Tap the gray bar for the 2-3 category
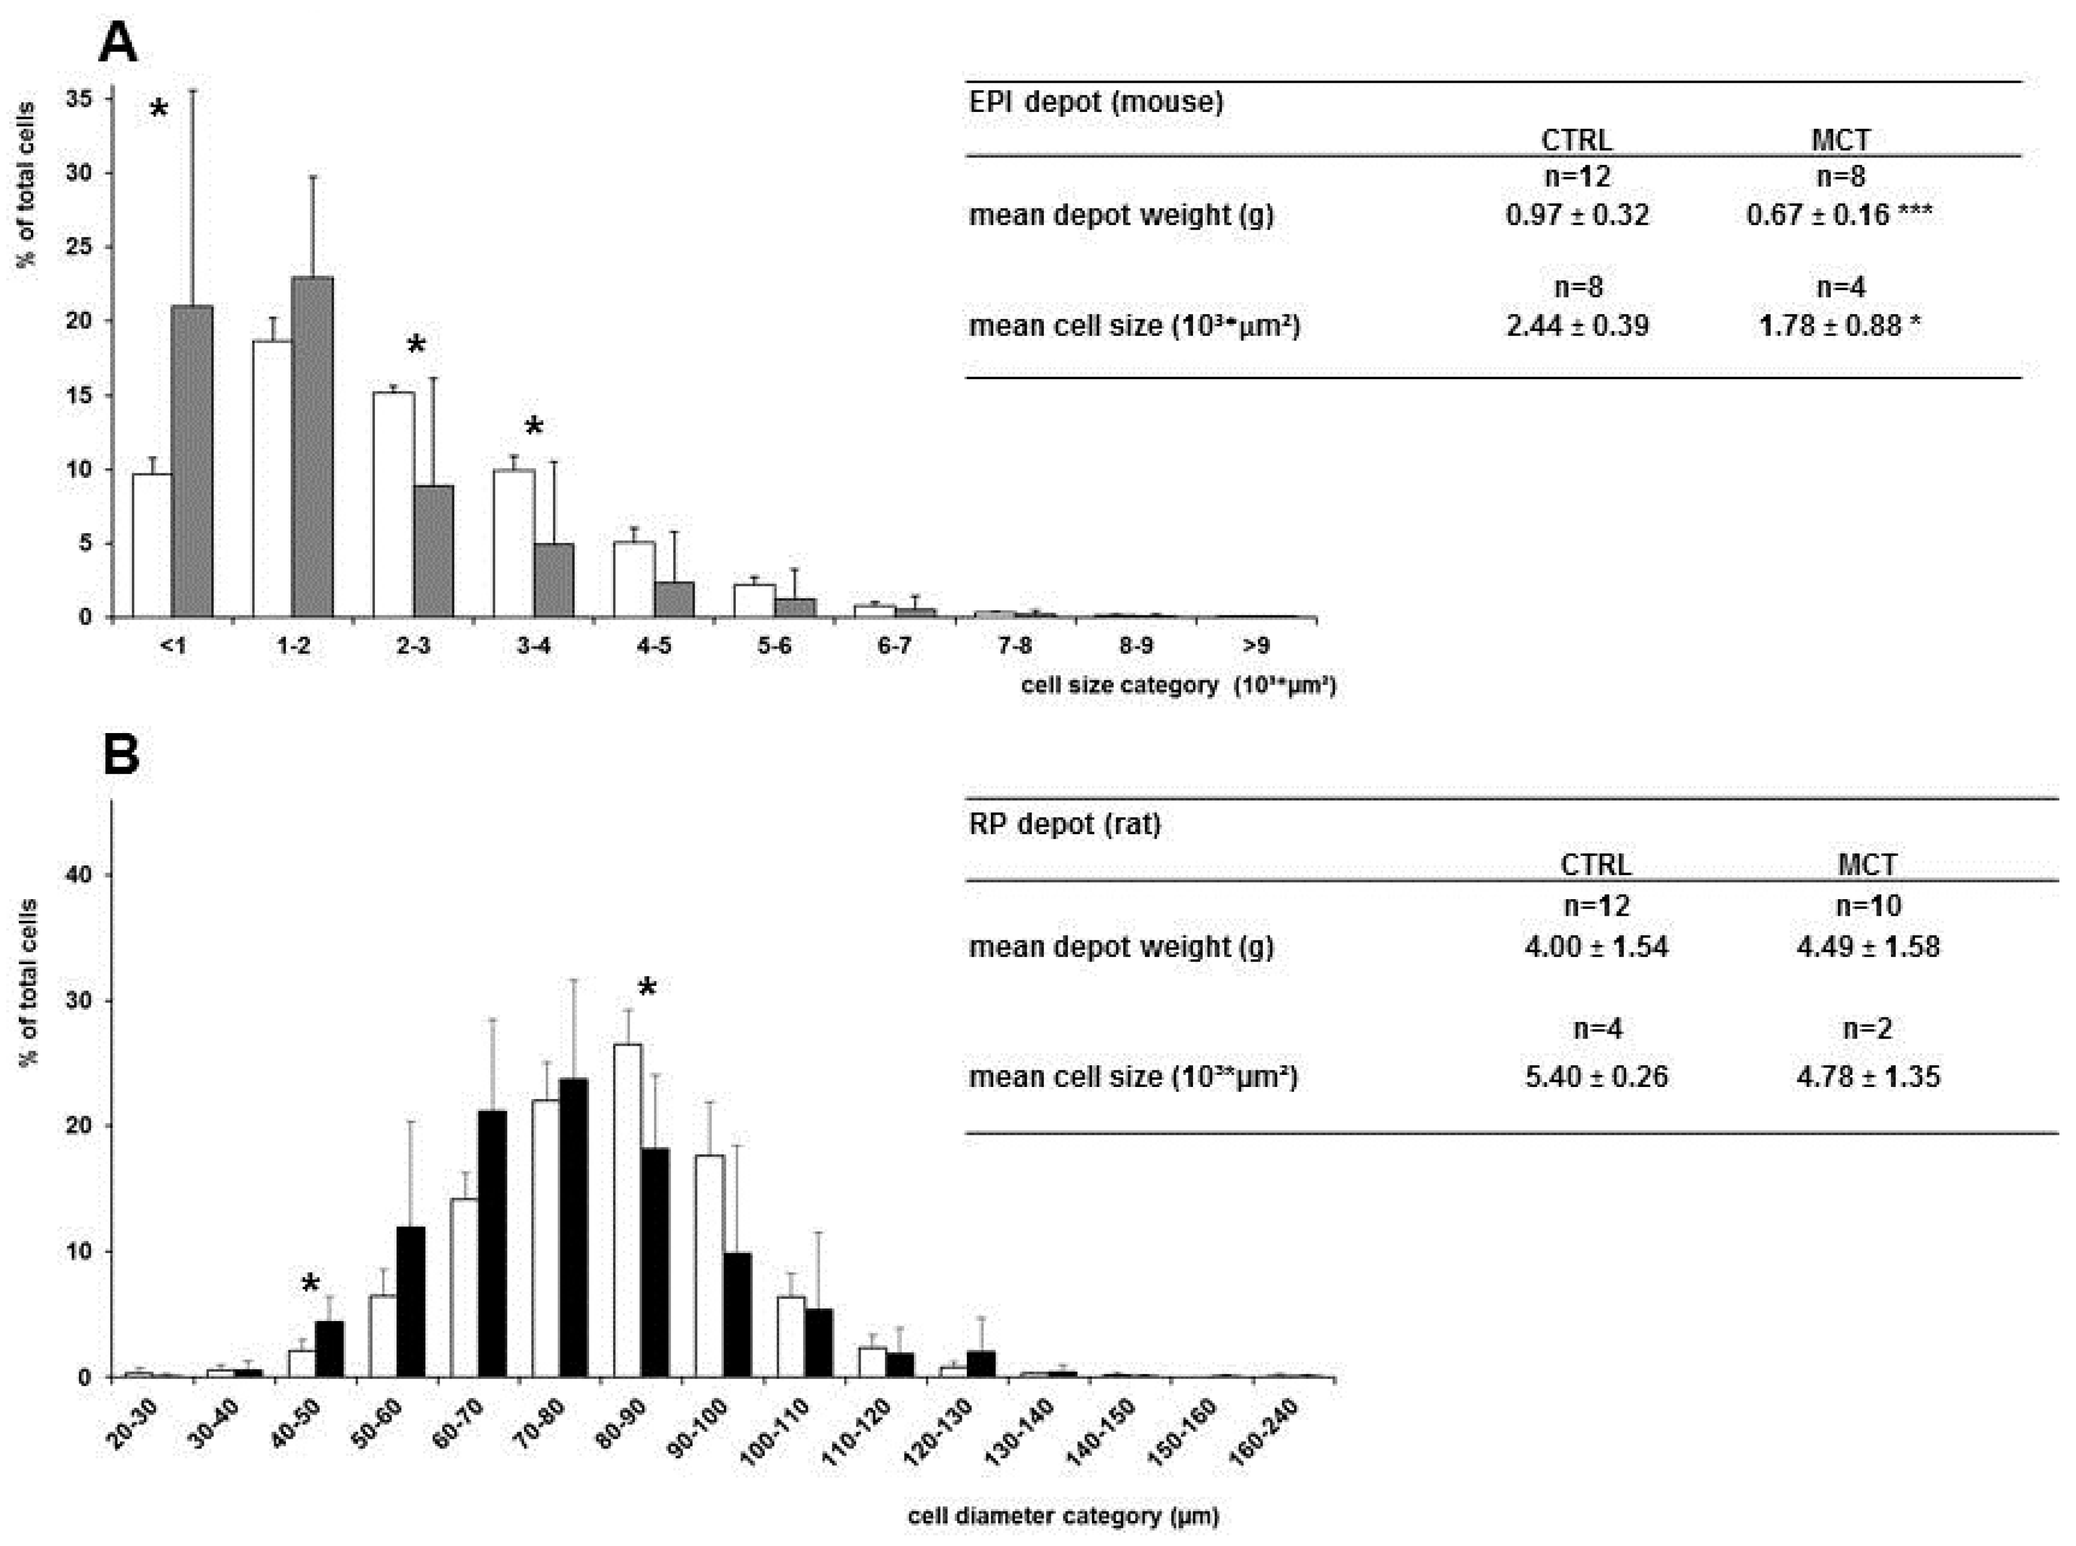click(x=433, y=551)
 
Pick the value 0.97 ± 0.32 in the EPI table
click(x=1577, y=215)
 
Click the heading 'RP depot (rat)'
click(x=1065, y=824)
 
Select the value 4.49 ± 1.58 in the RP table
click(x=1867, y=947)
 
